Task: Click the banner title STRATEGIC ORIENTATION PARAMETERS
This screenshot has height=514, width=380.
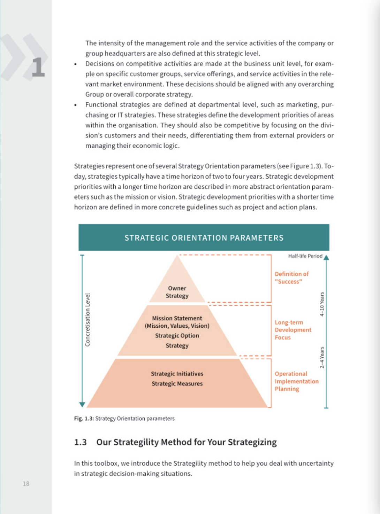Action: (204, 238)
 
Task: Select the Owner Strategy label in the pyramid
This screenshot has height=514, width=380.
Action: (177, 292)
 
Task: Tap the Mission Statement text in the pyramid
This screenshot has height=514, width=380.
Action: (177, 318)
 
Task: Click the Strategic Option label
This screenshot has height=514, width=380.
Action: (177, 336)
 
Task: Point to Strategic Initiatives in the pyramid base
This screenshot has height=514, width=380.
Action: (177, 374)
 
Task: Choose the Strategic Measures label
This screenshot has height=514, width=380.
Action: (177, 384)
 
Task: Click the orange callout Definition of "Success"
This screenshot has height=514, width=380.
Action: (291, 278)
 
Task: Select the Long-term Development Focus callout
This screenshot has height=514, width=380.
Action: (293, 330)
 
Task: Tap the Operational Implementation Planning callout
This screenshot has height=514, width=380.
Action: (296, 381)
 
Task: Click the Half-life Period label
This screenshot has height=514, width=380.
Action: (305, 256)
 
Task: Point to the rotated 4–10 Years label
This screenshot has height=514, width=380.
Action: (322, 304)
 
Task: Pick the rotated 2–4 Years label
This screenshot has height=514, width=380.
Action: (322, 357)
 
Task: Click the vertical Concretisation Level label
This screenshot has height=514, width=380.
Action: (88, 320)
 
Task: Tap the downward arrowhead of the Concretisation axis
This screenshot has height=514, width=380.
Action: (82, 404)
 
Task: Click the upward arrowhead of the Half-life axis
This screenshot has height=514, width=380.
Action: (326, 257)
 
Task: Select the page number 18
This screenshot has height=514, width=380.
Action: (26, 484)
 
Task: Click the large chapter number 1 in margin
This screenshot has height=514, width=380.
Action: (38, 67)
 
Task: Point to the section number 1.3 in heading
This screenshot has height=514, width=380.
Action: (80, 442)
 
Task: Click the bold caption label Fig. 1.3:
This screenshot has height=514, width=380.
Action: (84, 419)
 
